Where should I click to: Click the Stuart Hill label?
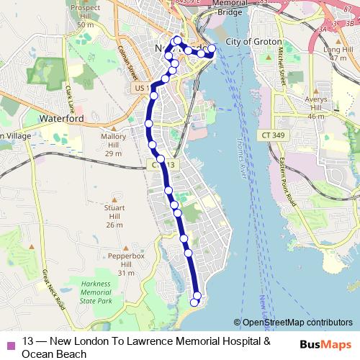click(114, 216)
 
